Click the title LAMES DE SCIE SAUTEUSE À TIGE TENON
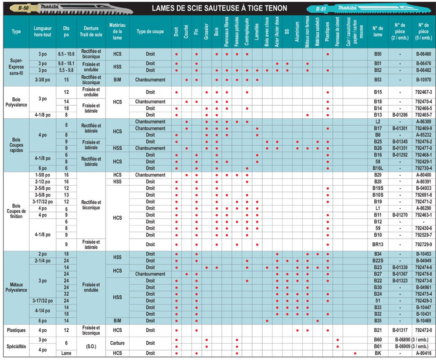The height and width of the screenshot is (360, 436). pos(219,8)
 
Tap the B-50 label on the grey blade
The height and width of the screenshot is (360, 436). pos(24,8)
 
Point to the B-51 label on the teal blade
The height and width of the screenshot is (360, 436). pos(321,9)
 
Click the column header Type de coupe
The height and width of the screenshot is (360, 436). pos(150,32)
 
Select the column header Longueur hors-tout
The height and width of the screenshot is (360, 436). pos(43,32)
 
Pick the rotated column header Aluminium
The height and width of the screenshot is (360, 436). pos(297,32)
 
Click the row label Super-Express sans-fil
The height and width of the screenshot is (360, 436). pos(16,67)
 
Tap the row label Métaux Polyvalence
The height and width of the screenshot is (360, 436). pos(16,287)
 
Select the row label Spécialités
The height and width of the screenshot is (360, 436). pos(16,346)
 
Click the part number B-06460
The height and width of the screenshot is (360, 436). pos(424,54)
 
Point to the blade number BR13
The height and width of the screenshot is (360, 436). pos(378,245)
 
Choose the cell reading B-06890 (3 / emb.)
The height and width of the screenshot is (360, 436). pos(412,340)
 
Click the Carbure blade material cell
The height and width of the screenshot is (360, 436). pos(118,343)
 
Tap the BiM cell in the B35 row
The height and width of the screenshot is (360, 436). pos(118,321)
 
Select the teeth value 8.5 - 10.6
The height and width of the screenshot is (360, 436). pos(66,54)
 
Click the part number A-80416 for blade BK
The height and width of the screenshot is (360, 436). pos(424,353)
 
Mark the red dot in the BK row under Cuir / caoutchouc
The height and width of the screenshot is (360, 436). pos(355,353)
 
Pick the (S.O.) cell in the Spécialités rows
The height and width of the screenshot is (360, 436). pos(91,346)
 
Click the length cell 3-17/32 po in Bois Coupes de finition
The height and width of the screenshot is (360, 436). pos(43,202)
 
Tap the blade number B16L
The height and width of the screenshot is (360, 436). pos(378,168)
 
